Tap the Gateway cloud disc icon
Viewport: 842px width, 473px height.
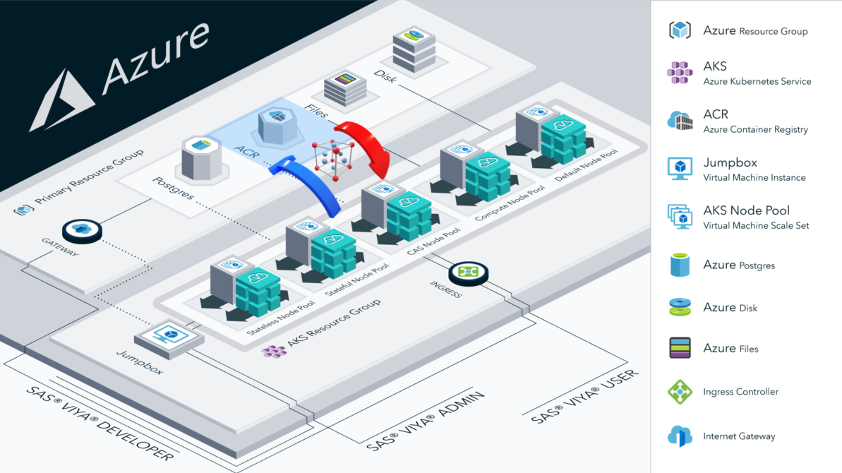click(82, 230)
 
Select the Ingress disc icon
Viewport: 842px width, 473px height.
click(469, 273)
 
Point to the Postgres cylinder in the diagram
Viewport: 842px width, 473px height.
click(202, 158)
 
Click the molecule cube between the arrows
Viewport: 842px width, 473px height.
click(333, 160)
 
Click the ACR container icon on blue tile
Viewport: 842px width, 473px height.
click(280, 126)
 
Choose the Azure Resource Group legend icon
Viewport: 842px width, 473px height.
click(680, 30)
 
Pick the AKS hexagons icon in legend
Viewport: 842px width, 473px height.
click(680, 73)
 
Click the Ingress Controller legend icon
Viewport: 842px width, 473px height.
click(680, 391)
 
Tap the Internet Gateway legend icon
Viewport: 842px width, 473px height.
click(680, 436)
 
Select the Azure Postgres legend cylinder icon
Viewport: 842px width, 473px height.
click(680, 265)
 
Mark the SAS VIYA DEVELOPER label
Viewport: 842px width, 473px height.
click(99, 424)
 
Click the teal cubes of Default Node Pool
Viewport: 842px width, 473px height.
click(563, 138)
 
